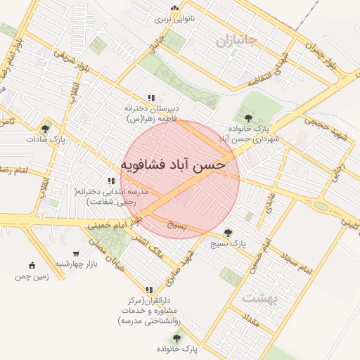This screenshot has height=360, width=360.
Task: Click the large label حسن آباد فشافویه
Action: tap(173, 165)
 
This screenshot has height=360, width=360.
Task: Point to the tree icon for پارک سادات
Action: tap(46, 129)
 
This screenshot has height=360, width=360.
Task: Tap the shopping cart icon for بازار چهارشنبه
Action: tap(76, 253)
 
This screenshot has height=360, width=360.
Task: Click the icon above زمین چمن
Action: tap(32, 265)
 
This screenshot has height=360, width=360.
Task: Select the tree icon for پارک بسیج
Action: tap(227, 232)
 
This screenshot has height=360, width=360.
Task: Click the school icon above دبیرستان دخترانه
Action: tap(150, 98)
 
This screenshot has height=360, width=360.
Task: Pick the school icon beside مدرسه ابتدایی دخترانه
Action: tap(110, 181)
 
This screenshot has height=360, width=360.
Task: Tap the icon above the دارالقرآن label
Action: tap(148, 289)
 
